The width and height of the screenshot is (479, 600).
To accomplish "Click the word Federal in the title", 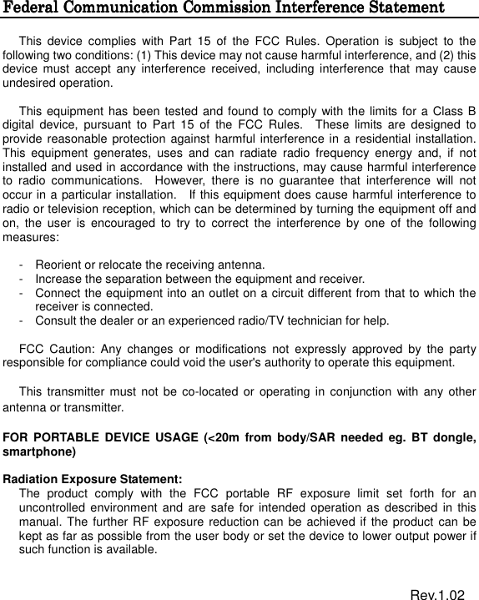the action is (33, 8).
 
